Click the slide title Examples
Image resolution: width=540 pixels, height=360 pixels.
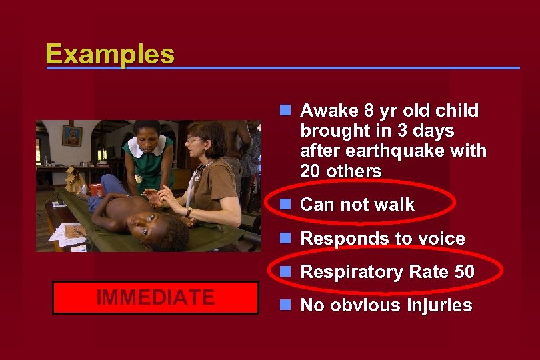(110, 54)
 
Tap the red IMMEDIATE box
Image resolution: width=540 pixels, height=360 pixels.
(155, 297)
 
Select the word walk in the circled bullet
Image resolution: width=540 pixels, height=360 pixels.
(393, 205)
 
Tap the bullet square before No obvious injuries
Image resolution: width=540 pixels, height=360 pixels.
(285, 306)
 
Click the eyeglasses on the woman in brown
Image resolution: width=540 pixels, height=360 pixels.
(194, 140)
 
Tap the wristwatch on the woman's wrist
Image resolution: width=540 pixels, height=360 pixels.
(189, 212)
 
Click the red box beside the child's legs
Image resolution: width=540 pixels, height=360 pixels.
(97, 189)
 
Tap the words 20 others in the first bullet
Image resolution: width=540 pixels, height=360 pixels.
(341, 171)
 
